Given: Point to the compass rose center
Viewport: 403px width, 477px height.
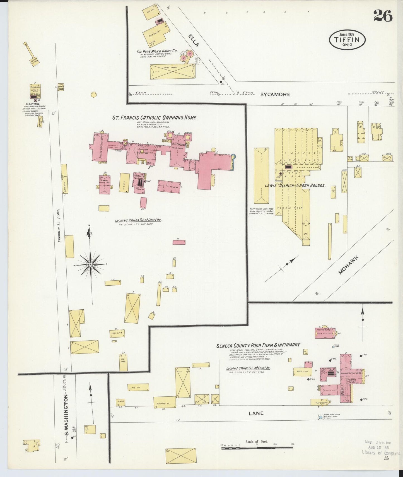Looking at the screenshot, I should pos(91,264).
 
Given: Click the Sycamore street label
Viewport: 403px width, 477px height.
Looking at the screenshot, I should pos(275,95).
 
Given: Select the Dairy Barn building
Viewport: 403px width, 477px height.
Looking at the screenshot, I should pos(173,71).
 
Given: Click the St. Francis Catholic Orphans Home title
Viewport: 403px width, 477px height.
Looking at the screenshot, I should pos(155,118).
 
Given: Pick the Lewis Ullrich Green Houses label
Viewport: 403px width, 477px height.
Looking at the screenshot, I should pos(295,185).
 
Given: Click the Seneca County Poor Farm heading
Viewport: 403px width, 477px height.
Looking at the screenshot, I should pos(258,345).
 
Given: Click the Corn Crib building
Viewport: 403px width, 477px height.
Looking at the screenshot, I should pos(117,333).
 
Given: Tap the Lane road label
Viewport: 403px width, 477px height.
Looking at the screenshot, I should pos(256,413).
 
